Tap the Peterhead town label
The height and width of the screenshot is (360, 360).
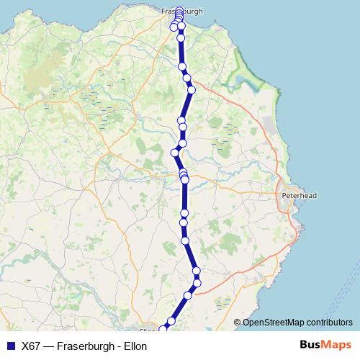pos(298,195)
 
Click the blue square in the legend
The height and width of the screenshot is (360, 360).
pos(10,346)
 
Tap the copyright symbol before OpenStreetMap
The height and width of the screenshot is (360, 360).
pos(237,322)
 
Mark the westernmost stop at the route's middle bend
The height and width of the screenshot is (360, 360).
pos(174,152)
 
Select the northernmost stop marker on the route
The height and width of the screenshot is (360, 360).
pos(179,10)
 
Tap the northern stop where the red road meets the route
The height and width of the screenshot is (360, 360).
pos(191,89)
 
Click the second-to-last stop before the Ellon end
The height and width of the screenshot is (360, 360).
pos(171,321)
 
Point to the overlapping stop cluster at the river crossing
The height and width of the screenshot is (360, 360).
pos(184,176)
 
